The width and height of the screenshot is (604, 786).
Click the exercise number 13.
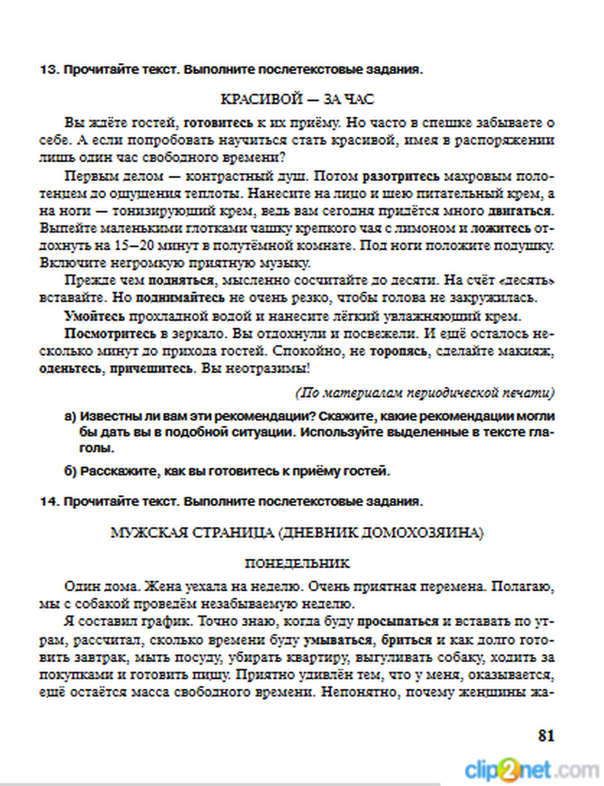click(x=48, y=70)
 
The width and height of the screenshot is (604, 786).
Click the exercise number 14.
click(x=48, y=502)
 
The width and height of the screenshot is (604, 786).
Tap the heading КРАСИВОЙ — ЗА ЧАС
click(x=297, y=99)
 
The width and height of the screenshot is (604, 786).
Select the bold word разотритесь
click(x=400, y=177)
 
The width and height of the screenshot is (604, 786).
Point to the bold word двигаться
click(x=520, y=211)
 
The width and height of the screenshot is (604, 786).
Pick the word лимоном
click(x=426, y=229)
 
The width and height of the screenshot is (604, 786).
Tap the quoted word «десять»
click(x=528, y=281)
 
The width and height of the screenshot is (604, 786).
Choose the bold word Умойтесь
click(x=94, y=316)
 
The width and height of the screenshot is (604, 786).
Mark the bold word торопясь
click(x=398, y=351)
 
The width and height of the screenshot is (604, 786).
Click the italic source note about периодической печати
click(x=425, y=393)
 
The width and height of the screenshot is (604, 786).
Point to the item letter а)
click(x=70, y=417)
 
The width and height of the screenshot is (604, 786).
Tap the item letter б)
click(x=70, y=472)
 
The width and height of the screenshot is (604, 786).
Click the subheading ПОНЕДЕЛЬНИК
click(x=297, y=564)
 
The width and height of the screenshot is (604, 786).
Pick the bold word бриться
click(x=406, y=640)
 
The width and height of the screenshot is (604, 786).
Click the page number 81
click(x=545, y=736)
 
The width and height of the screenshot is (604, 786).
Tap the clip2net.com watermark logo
click(x=532, y=770)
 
